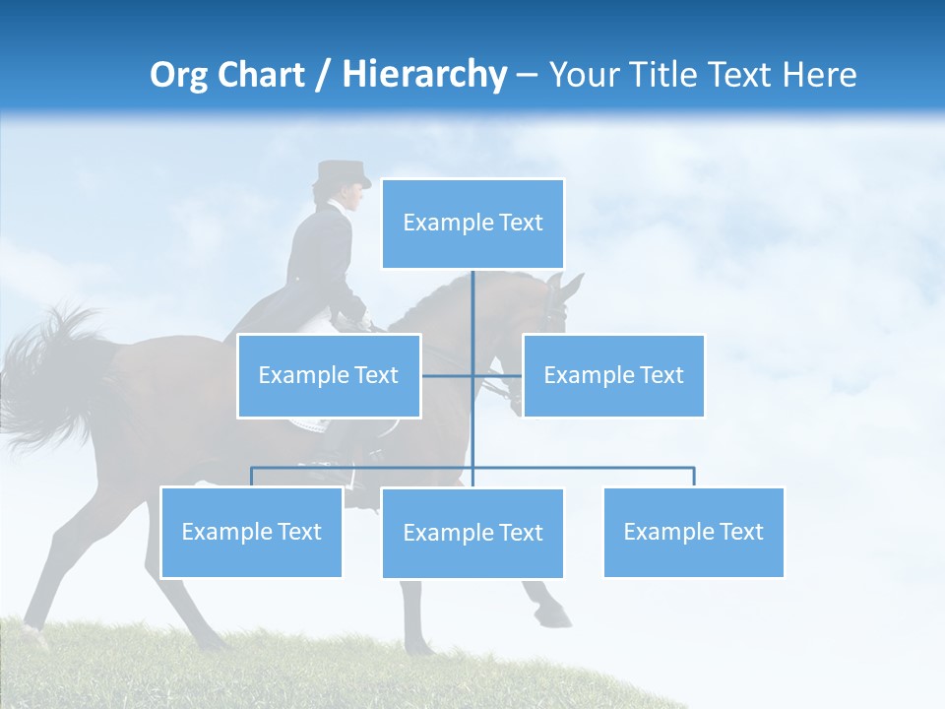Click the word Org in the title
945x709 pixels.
(x=178, y=75)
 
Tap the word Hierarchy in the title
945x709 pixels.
(x=423, y=75)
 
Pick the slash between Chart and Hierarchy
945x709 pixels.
(x=322, y=76)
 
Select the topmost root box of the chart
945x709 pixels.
(x=472, y=224)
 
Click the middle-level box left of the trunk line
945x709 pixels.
(x=329, y=375)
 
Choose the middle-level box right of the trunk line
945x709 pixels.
(x=613, y=375)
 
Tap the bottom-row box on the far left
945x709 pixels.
(x=251, y=532)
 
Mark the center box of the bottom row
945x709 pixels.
(x=472, y=533)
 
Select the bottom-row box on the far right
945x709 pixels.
(x=693, y=532)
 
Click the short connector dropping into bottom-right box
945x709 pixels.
(x=694, y=477)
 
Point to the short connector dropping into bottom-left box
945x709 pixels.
(x=251, y=477)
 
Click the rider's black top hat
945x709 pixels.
(x=341, y=174)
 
